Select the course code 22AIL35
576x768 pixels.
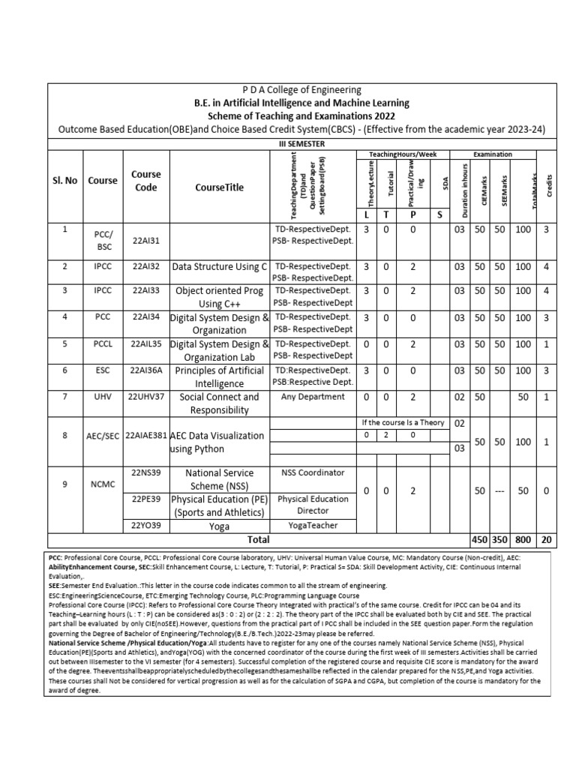pos(146,344)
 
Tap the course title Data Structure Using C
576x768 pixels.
pos(220,266)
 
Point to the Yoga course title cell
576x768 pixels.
pos(220,526)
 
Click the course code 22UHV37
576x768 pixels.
pos(146,397)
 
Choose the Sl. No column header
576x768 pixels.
pos(64,181)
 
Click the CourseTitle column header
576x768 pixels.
pos(220,187)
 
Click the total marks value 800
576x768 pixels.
pos(523,539)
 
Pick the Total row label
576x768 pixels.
pos(258,539)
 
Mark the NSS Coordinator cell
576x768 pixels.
pos(313,472)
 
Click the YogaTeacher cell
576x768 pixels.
pos(313,526)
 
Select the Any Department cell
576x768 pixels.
pos(313,397)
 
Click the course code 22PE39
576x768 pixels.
pos(146,499)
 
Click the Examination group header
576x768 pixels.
pos(493,154)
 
